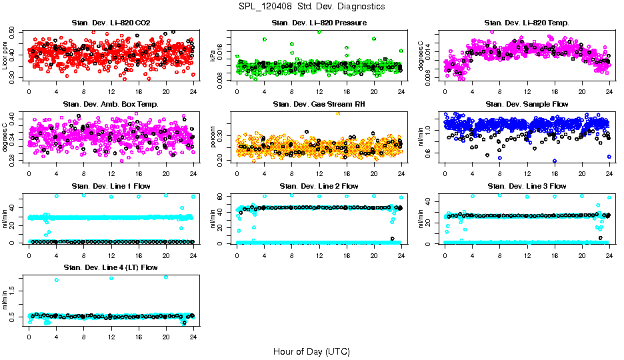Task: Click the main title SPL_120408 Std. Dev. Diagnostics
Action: coord(311,7)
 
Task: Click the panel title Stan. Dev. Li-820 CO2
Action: coord(111,23)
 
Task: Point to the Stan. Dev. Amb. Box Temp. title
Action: coord(111,105)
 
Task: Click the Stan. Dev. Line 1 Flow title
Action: coord(111,186)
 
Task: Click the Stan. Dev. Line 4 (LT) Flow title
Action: coord(111,267)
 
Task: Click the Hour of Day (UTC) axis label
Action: coord(311,351)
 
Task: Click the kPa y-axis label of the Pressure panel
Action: coord(213,56)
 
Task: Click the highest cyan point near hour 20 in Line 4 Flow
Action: coord(166,277)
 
